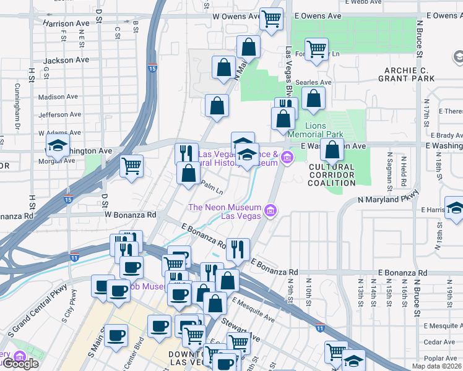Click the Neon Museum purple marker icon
270,212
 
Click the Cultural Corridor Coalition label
331,174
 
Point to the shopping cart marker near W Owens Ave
270,19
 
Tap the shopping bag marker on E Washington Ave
333,149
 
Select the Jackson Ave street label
66,61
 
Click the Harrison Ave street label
66,23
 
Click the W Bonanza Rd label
131,215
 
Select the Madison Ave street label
59,97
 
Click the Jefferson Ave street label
60,114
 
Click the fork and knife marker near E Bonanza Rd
238,249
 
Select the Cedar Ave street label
439,342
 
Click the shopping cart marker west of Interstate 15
131,165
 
